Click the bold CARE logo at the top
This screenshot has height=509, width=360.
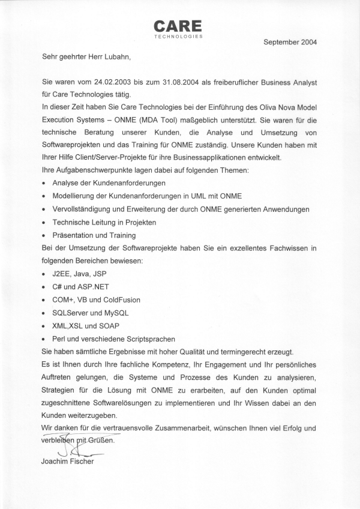click(x=178, y=26)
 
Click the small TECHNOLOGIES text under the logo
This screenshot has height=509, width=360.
click(x=178, y=37)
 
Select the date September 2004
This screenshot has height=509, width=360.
click(x=290, y=42)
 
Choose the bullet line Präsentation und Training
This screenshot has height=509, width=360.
click(x=94, y=235)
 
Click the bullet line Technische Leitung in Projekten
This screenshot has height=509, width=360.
click(x=104, y=222)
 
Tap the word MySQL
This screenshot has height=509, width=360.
click(x=116, y=313)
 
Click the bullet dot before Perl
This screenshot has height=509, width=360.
click(x=44, y=339)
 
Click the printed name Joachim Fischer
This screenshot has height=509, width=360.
click(x=68, y=462)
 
